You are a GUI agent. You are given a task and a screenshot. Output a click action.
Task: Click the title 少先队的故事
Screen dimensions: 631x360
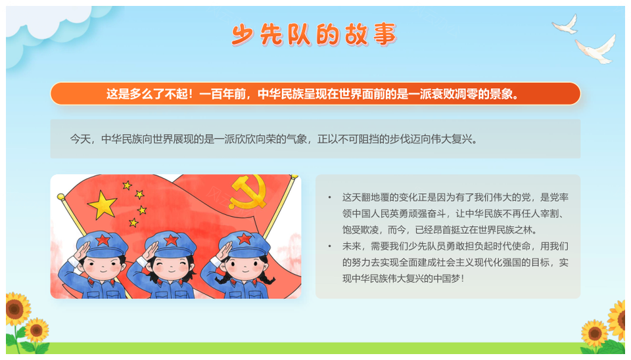point(314,34)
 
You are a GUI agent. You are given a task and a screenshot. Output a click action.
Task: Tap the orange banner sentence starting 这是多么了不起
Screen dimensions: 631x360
point(313,94)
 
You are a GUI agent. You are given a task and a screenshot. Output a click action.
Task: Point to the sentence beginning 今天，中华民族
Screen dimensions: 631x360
point(274,139)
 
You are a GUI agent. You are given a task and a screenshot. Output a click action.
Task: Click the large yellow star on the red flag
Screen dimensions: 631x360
point(103,205)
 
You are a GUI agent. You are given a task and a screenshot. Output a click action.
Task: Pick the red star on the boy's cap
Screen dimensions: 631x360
point(103,240)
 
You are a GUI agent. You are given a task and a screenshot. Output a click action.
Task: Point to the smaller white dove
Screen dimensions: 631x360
point(566,24)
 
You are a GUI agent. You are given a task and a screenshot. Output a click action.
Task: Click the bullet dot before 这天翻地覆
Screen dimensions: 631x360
point(329,198)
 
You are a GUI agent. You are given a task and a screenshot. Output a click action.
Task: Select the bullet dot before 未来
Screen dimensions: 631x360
point(329,246)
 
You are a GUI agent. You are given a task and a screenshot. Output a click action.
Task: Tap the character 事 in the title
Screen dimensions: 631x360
point(385,34)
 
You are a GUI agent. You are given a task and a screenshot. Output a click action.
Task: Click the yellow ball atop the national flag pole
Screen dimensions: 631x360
point(60,196)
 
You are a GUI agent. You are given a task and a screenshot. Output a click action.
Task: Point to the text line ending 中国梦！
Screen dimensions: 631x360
point(403,279)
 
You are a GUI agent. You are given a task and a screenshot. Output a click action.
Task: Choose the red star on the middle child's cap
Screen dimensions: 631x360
point(171,240)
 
